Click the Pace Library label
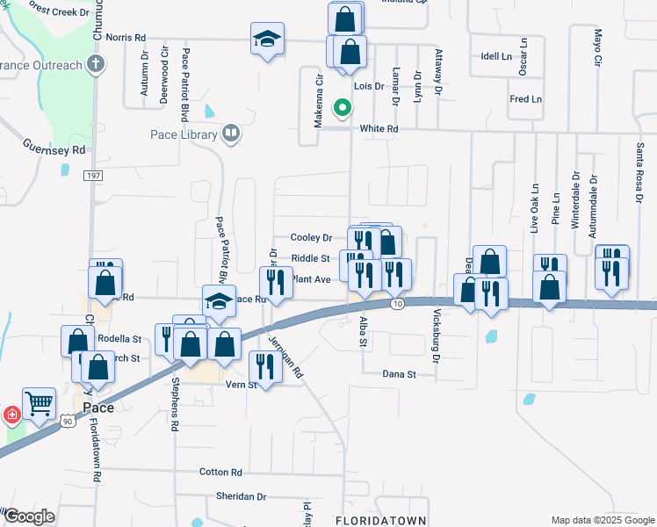(x=184, y=134)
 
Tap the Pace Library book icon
(x=231, y=134)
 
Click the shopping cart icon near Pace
(x=39, y=405)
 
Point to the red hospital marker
(x=11, y=414)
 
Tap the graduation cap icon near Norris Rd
(x=267, y=40)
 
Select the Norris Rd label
(x=125, y=38)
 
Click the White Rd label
(x=379, y=128)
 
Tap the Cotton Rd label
(x=220, y=472)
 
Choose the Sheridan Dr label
(x=241, y=496)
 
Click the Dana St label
(x=398, y=374)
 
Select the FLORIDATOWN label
(x=381, y=520)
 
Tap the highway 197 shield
(x=93, y=176)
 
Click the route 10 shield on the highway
(x=398, y=304)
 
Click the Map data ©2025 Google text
(x=602, y=520)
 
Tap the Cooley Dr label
(x=312, y=237)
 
